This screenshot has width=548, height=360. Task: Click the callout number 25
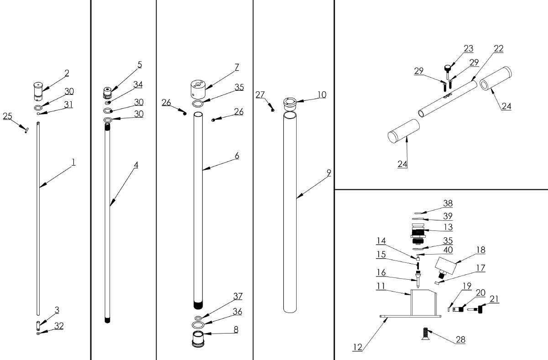pyautogui.click(x=7, y=116)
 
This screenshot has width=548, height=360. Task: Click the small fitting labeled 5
pyautogui.click(x=108, y=92)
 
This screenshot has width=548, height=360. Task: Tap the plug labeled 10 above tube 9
pyautogui.click(x=290, y=102)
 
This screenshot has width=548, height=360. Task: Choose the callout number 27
pyautogui.click(x=260, y=94)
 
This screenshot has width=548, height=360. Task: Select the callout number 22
pyautogui.click(x=498, y=48)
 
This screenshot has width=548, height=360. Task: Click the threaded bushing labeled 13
pyautogui.click(x=418, y=234)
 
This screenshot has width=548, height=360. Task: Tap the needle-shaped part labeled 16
pyautogui.click(x=418, y=277)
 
